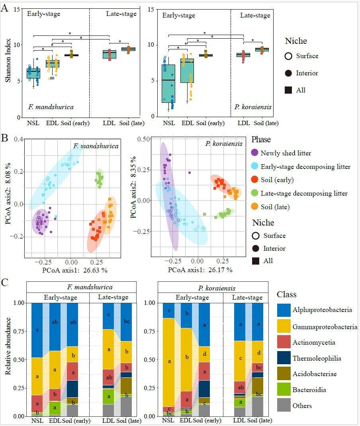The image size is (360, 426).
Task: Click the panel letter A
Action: pyautogui.click(x=5, y=8)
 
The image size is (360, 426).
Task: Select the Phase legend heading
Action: pyautogui.click(x=261, y=140)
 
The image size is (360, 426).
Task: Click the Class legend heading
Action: pyautogui.click(x=287, y=295)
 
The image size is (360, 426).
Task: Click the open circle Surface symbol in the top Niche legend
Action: pyautogui.click(x=288, y=56)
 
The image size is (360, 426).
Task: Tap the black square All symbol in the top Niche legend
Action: pyautogui.click(x=288, y=90)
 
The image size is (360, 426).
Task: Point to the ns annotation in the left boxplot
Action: pyautogui.click(x=52, y=78)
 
